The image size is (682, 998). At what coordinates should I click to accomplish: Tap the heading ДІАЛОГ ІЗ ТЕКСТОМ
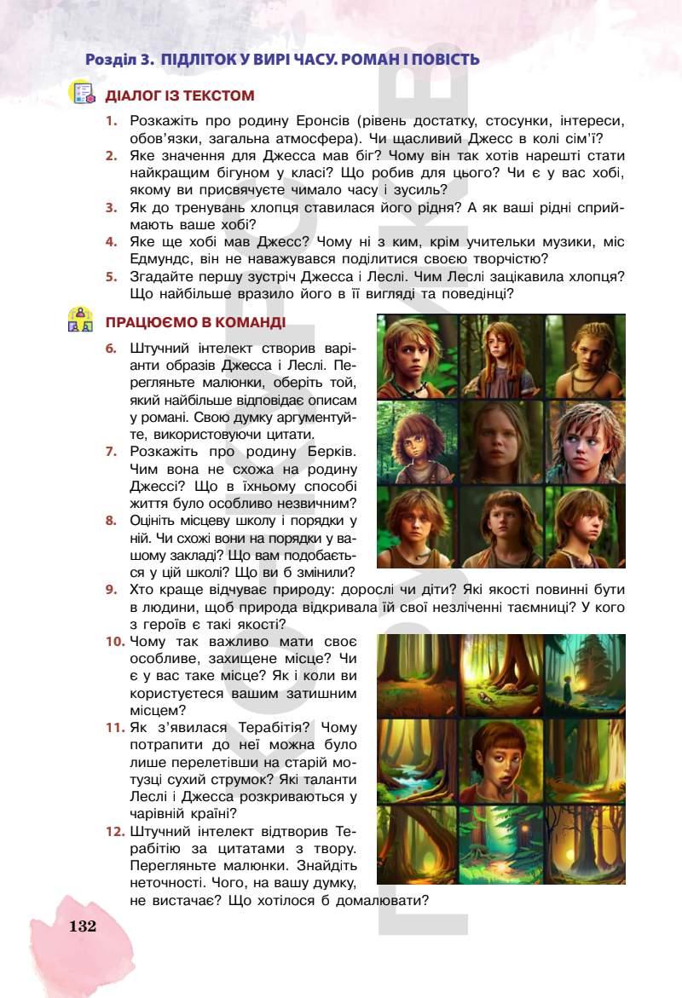coord(180,95)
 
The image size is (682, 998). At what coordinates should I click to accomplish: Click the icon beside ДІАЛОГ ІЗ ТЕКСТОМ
coord(81,93)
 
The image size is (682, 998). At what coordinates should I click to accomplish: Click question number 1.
coord(111,122)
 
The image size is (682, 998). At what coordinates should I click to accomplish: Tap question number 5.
coord(111,276)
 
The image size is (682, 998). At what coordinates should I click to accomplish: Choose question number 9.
coord(111,589)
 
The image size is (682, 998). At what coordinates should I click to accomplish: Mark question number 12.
coord(115,830)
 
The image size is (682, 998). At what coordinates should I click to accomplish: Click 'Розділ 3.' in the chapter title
coord(119,60)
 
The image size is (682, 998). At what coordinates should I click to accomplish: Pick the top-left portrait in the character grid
coord(418,355)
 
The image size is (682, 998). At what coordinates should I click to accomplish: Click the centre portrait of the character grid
coord(501,441)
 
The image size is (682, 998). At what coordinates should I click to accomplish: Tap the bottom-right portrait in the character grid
coord(585,526)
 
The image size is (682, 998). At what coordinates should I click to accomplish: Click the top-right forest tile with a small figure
coord(585,675)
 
